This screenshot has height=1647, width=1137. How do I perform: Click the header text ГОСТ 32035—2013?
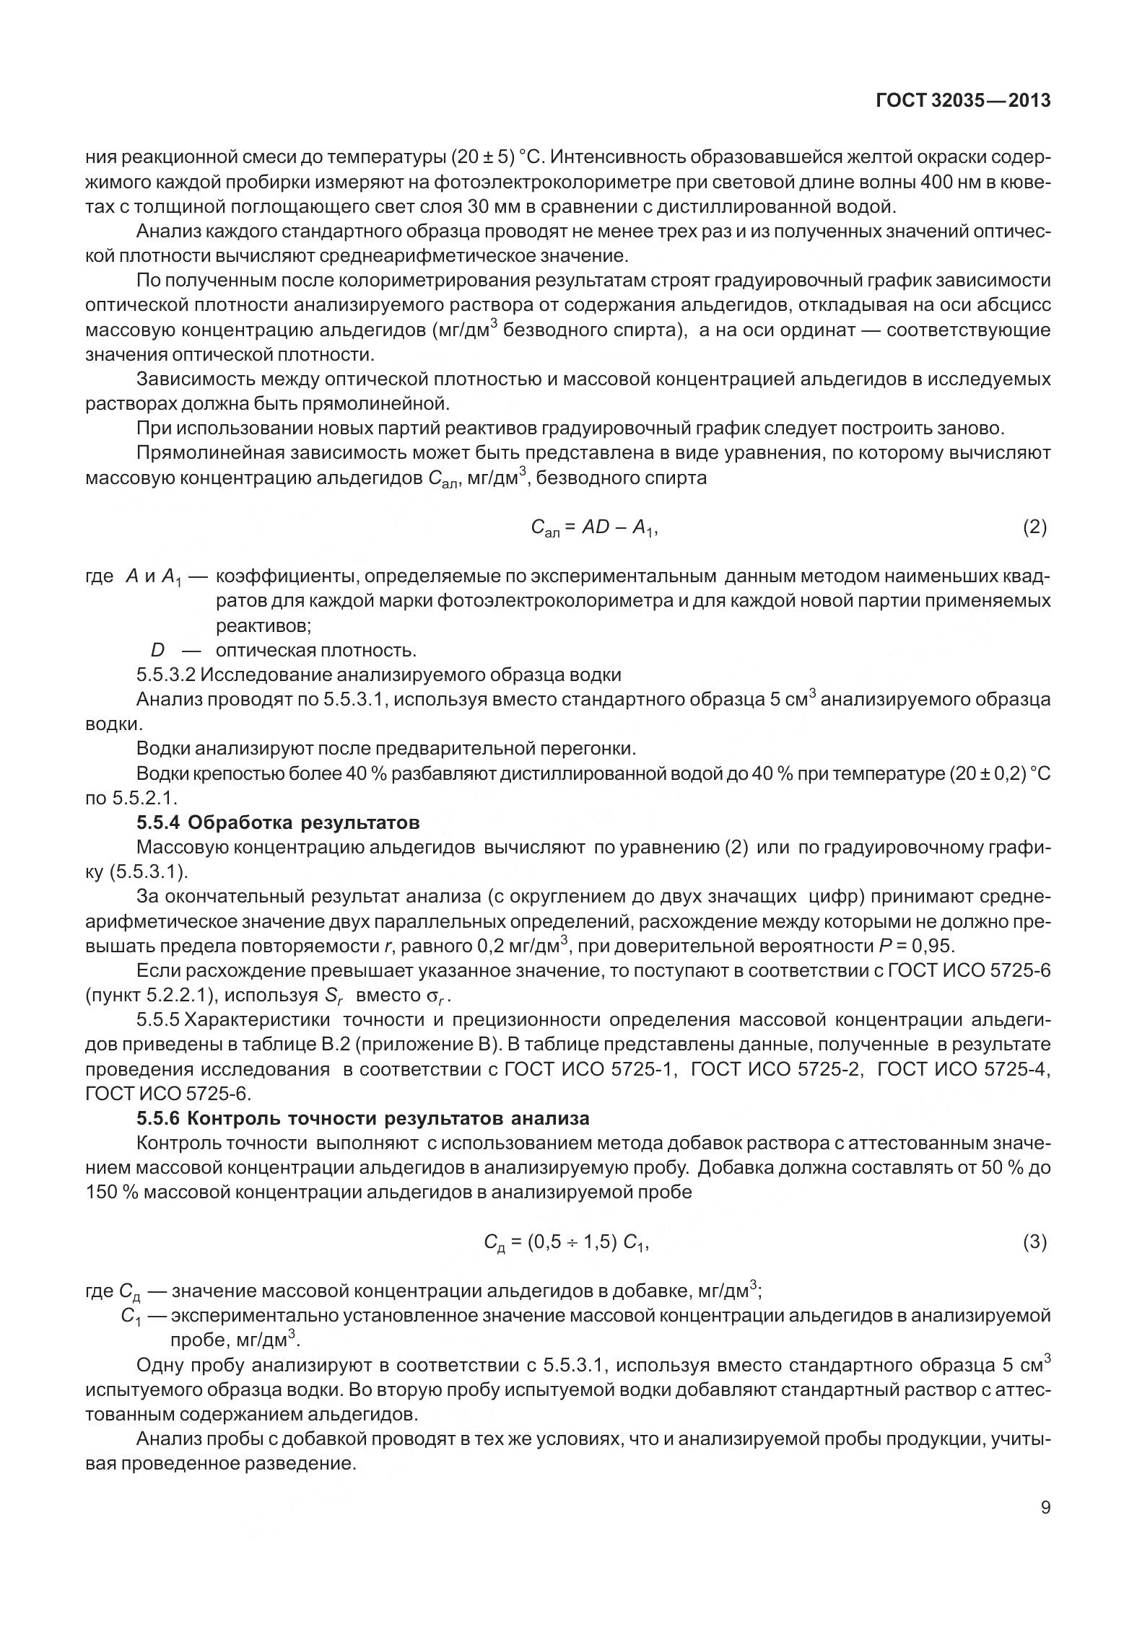point(962,102)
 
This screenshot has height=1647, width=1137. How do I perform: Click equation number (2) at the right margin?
point(1034,527)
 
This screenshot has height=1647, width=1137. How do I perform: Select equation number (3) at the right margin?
point(1034,1242)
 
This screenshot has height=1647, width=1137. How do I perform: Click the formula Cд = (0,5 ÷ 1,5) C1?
point(566,1242)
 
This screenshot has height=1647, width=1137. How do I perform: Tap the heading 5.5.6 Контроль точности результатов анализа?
point(363,1118)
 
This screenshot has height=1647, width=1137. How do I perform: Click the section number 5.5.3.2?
point(166,675)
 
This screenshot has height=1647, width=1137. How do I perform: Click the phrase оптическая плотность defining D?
point(316,650)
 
